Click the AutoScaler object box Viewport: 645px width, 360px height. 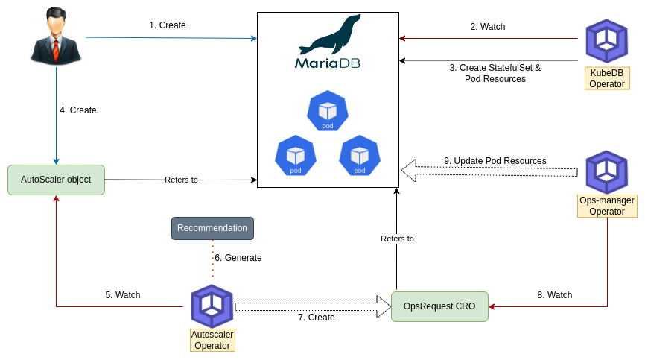coord(56,180)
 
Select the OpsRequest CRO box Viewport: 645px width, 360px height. coord(439,306)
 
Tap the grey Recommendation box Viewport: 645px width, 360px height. coord(212,228)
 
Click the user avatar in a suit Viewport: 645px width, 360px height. coord(56,35)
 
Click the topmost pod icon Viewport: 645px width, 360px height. coord(328,111)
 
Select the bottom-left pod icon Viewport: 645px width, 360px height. coord(296,156)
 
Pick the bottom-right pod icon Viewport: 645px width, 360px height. coord(360,156)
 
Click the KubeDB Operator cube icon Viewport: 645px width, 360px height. coord(606,40)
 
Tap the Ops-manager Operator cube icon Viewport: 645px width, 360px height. coord(606,172)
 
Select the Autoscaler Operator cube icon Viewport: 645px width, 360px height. coord(212,306)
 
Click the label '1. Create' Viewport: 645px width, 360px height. coord(168,25)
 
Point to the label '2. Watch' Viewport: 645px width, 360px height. coord(488,27)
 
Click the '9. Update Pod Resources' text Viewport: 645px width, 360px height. coord(495,161)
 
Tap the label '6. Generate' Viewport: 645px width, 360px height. coord(238,258)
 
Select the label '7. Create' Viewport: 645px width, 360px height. coord(317,318)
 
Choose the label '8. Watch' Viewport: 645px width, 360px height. coord(555,295)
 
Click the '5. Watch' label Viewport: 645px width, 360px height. coord(123,295)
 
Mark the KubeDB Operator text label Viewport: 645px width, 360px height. coord(607,78)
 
